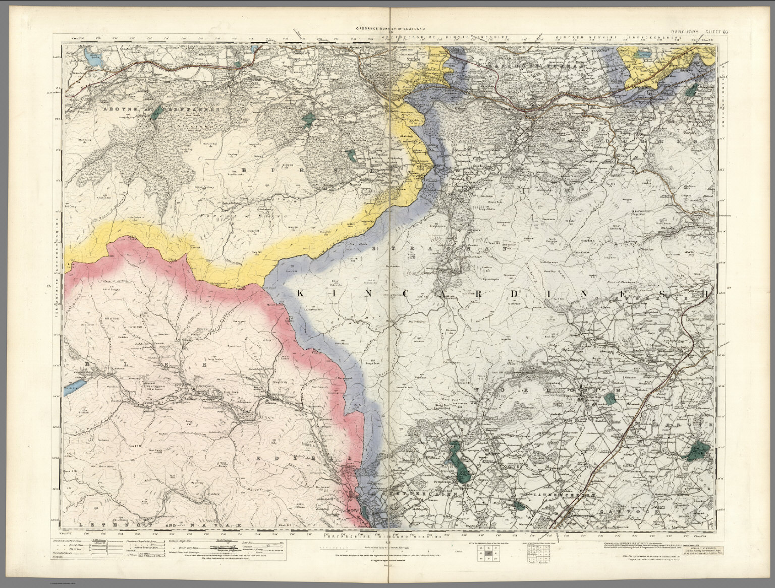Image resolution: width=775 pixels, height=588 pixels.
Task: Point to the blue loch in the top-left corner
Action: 93,60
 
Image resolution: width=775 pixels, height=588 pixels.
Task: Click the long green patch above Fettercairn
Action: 459,459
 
